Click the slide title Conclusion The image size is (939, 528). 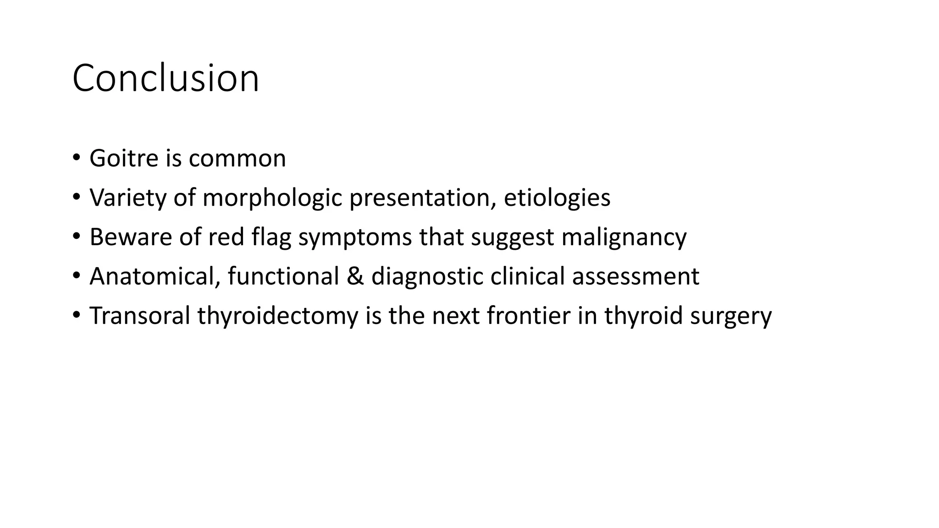coord(166,78)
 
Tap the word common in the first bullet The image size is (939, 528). coord(237,159)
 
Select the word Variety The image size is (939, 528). coord(127,198)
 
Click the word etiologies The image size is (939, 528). coord(557,198)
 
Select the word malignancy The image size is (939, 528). coord(624,237)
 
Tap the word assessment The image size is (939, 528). coord(635,277)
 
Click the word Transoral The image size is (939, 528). coord(139,316)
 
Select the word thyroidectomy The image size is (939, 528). coord(278,316)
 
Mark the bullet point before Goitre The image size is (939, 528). coord(76,159)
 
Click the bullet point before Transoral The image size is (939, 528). coord(76,316)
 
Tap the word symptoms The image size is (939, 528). coord(355,237)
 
